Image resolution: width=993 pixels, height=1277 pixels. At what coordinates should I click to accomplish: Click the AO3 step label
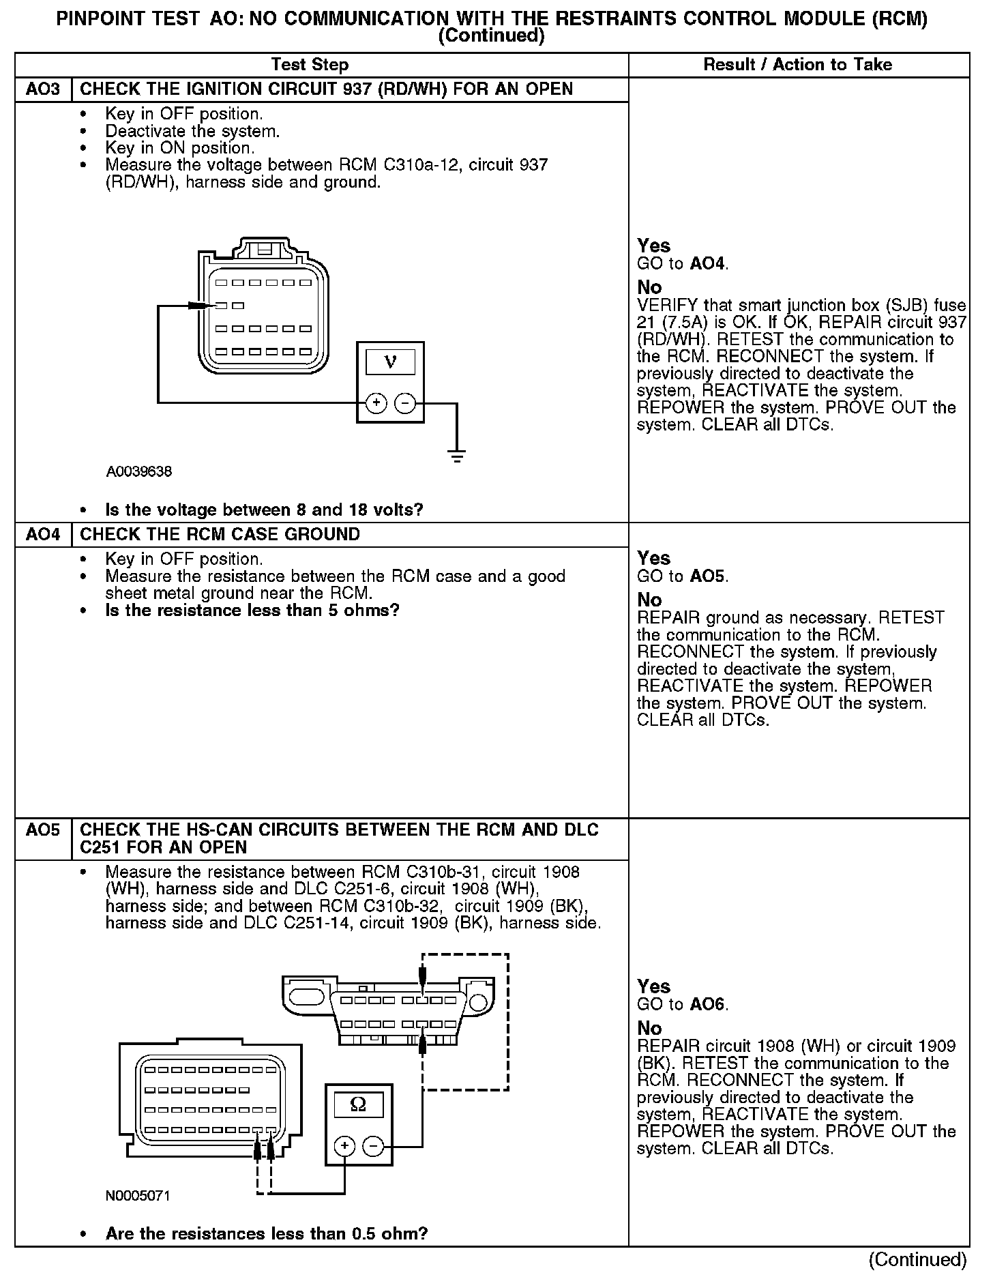tap(42, 89)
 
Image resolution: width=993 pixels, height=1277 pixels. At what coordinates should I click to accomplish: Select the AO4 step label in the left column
tap(42, 534)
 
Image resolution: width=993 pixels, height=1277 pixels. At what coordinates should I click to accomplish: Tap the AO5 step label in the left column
tap(42, 830)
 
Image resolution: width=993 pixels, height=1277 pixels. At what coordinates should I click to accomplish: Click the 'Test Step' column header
tap(310, 65)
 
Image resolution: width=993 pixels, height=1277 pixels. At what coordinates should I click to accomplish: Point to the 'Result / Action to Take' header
tap(797, 65)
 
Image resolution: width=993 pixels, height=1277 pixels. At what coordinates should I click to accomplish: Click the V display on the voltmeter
tap(390, 361)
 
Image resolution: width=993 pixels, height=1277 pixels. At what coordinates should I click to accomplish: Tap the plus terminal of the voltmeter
tap(376, 403)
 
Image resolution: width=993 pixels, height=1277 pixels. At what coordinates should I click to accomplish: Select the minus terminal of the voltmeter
tap(405, 403)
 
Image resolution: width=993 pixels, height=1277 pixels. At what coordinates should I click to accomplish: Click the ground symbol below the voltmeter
tap(457, 456)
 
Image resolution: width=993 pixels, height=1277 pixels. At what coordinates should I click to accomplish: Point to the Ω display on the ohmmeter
tap(358, 1104)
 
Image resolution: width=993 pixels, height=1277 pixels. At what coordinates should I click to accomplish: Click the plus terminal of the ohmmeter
tap(344, 1146)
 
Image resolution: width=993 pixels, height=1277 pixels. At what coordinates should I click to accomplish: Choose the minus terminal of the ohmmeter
tap(373, 1146)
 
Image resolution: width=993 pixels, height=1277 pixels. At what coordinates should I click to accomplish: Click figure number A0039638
tap(139, 471)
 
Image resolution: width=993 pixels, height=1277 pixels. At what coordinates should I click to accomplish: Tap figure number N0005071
tap(138, 1196)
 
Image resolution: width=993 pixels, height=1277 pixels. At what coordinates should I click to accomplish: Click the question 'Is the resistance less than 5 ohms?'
tap(252, 610)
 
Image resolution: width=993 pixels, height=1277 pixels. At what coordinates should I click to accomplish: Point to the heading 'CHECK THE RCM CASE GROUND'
tap(220, 534)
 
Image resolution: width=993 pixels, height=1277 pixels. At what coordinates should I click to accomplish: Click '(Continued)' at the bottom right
tap(918, 1259)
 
